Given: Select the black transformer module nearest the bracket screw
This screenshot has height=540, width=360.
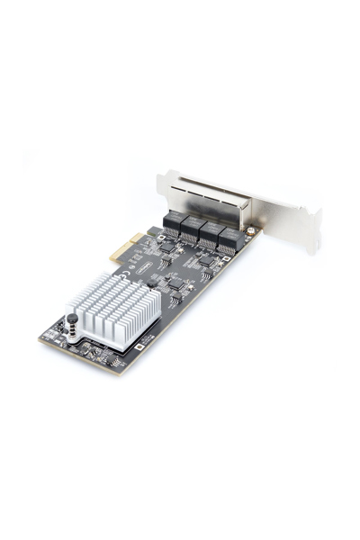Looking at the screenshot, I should [228, 237].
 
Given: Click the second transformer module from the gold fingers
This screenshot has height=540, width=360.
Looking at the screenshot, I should [191, 228].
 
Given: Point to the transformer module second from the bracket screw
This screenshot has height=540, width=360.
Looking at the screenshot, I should [209, 232].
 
